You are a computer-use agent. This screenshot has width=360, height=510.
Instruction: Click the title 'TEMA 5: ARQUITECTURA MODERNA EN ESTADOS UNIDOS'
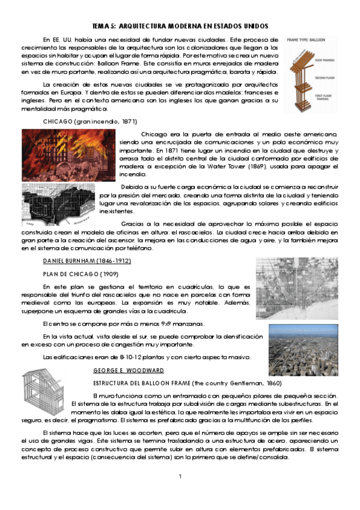(180, 26)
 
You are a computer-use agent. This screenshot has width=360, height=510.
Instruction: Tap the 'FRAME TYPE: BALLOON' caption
(306, 39)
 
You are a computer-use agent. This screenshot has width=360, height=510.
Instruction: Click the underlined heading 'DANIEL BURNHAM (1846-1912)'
(87, 260)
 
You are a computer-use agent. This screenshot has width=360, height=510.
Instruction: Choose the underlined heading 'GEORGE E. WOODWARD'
(129, 370)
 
